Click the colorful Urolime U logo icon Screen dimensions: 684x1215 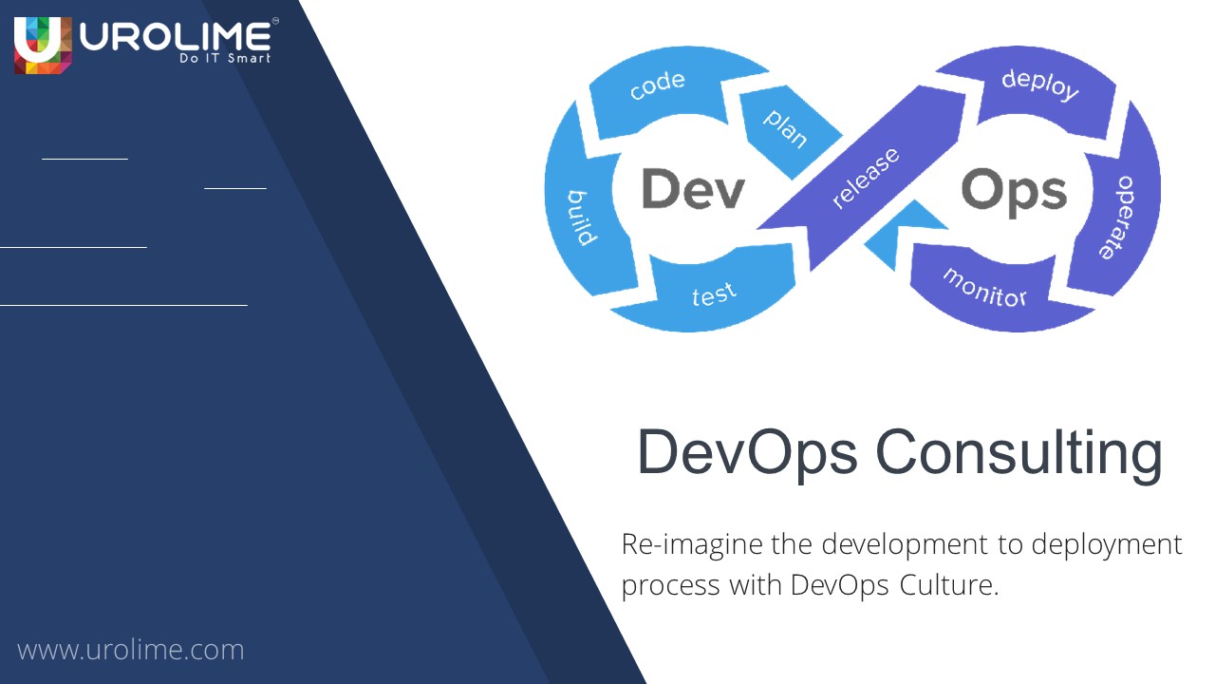43,45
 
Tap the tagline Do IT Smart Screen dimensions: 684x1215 224,59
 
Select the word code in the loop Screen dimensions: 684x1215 657,85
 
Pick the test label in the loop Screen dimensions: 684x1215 714,294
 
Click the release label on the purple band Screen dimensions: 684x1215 866,178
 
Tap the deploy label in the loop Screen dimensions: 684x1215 1040,84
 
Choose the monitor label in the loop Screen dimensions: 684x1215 985,286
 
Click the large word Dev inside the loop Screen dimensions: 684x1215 693,189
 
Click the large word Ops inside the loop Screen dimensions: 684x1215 1014,191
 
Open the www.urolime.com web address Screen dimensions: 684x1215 131,650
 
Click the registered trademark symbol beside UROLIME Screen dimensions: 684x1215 274,19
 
